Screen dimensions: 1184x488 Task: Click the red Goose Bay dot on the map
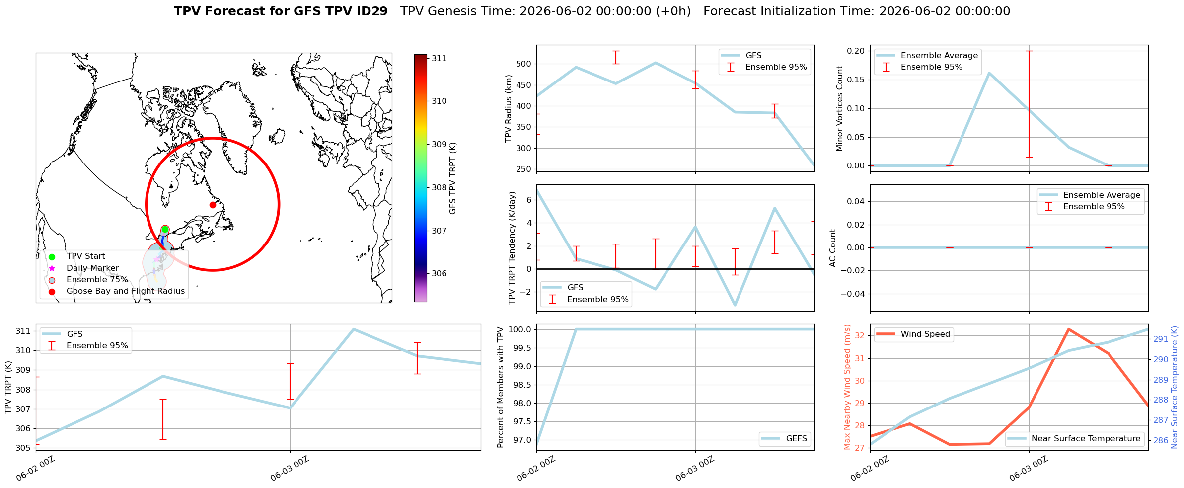coord(213,205)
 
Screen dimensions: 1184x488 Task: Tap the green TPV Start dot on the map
coord(165,229)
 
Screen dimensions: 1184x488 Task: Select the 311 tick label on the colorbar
coord(439,58)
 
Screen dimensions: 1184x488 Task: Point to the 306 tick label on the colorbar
coord(439,273)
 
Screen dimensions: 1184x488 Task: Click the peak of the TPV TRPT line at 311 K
coord(353,329)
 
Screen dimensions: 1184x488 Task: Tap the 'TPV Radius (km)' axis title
coord(508,108)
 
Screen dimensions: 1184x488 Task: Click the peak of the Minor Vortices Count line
coord(989,73)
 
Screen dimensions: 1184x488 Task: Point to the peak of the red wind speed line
coord(1068,329)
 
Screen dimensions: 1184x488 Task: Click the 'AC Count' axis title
coord(833,248)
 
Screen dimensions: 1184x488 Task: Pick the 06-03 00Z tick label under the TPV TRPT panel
coord(290,469)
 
